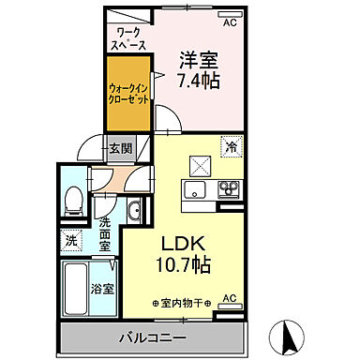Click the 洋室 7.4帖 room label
(x=200, y=70)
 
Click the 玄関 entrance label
(x=119, y=147)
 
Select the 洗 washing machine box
(x=71, y=240)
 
